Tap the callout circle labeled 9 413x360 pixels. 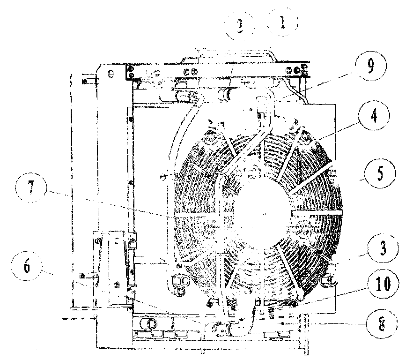(x=370, y=66)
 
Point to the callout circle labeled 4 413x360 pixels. (x=374, y=115)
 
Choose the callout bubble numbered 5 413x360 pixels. (x=380, y=173)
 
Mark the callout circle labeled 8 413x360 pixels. (x=382, y=324)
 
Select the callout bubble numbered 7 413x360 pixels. (x=31, y=187)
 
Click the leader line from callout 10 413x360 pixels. (x=332, y=296)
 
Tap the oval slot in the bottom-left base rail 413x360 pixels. (x=149, y=322)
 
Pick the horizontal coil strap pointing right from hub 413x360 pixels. (x=317, y=212)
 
